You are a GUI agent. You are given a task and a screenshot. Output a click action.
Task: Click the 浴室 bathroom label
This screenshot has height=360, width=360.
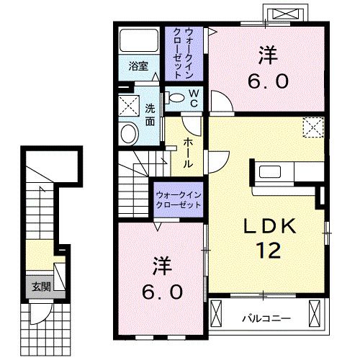click(x=138, y=66)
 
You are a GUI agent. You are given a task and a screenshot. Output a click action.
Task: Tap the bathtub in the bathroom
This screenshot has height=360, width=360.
click(x=139, y=40)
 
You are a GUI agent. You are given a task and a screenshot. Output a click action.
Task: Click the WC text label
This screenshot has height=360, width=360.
click(x=194, y=98)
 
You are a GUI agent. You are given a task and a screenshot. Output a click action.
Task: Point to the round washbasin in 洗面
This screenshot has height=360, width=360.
click(x=130, y=134)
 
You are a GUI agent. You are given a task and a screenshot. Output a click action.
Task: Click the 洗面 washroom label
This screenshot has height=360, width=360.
click(x=150, y=115)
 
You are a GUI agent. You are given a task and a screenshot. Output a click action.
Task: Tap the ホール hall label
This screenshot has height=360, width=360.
click(x=188, y=153)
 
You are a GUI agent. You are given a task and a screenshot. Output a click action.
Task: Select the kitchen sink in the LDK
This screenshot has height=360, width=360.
click(x=270, y=171)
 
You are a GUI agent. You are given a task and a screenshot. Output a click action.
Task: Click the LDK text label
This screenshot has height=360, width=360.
click(x=269, y=226)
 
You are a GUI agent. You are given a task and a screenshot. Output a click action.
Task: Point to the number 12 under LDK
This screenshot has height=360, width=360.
click(x=269, y=250)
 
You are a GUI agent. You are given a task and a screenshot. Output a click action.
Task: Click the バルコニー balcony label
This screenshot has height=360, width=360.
click(x=266, y=319)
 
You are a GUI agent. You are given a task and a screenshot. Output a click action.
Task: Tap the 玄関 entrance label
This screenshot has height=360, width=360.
click(x=41, y=287)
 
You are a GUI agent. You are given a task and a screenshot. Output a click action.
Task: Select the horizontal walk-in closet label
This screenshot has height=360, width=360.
click(x=179, y=200)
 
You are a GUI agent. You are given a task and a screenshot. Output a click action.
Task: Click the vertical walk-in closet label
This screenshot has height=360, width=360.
click(x=184, y=53)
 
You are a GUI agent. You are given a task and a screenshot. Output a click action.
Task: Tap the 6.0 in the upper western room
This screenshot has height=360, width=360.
click(x=268, y=81)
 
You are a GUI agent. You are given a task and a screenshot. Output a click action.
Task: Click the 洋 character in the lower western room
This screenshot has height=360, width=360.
click(x=162, y=266)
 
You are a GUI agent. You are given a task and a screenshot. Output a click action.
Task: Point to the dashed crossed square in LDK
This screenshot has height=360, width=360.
click(x=313, y=127)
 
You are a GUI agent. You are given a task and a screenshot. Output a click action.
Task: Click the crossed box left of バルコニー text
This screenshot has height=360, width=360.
click(x=216, y=313)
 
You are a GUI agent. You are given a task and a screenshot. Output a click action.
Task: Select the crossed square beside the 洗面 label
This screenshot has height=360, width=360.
click(x=129, y=106)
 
